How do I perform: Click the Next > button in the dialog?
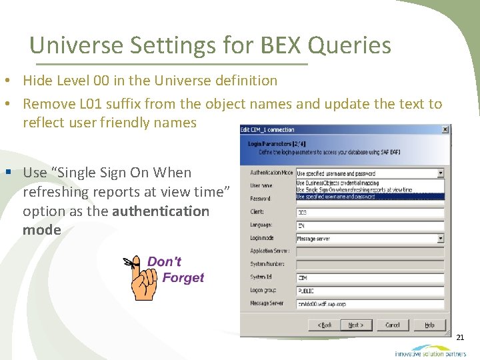click(356, 325)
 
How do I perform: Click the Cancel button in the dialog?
click(393, 325)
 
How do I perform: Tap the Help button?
click(429, 325)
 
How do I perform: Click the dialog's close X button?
click(445, 129)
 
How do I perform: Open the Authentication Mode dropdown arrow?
click(441, 173)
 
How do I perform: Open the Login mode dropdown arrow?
click(441, 238)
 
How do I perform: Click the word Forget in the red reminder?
click(183, 277)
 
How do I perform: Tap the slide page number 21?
click(460, 339)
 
